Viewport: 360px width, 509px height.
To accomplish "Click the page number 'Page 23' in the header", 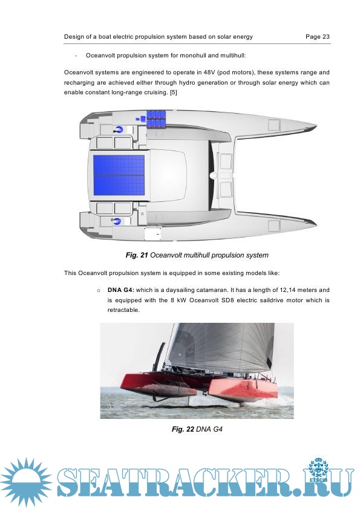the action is click(x=318, y=37).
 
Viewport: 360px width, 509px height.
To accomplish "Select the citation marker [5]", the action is click(x=174, y=92).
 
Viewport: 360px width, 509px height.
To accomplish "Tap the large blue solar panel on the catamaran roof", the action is click(x=119, y=175).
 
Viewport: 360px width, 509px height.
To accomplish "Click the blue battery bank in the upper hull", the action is click(x=156, y=119).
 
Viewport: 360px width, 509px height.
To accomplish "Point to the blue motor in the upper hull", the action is click(x=119, y=129).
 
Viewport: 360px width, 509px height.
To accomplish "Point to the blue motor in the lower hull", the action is click(x=117, y=221).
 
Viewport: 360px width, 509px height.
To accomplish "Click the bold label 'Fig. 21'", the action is click(x=137, y=255).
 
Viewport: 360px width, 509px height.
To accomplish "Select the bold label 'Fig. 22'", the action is click(x=183, y=429).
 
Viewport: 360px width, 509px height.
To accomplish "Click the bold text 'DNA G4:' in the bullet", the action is click(x=121, y=290).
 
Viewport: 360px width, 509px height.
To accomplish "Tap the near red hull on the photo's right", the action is click(x=243, y=389).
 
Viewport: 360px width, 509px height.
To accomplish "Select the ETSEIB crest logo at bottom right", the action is click(x=318, y=471).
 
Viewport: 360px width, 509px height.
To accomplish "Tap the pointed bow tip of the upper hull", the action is click(x=316, y=125).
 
